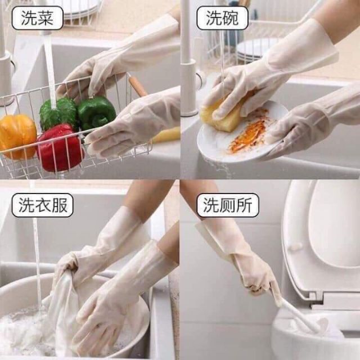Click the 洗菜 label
[x=37, y=19]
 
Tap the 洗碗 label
[x=222, y=19]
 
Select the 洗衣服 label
[x=42, y=205]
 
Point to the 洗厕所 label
[x=228, y=205]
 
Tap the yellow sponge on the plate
[x=222, y=116]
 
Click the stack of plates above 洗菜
[x=79, y=8]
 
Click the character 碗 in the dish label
[x=231, y=19]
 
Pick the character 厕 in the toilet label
[x=228, y=205]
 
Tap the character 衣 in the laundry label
[x=42, y=205]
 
